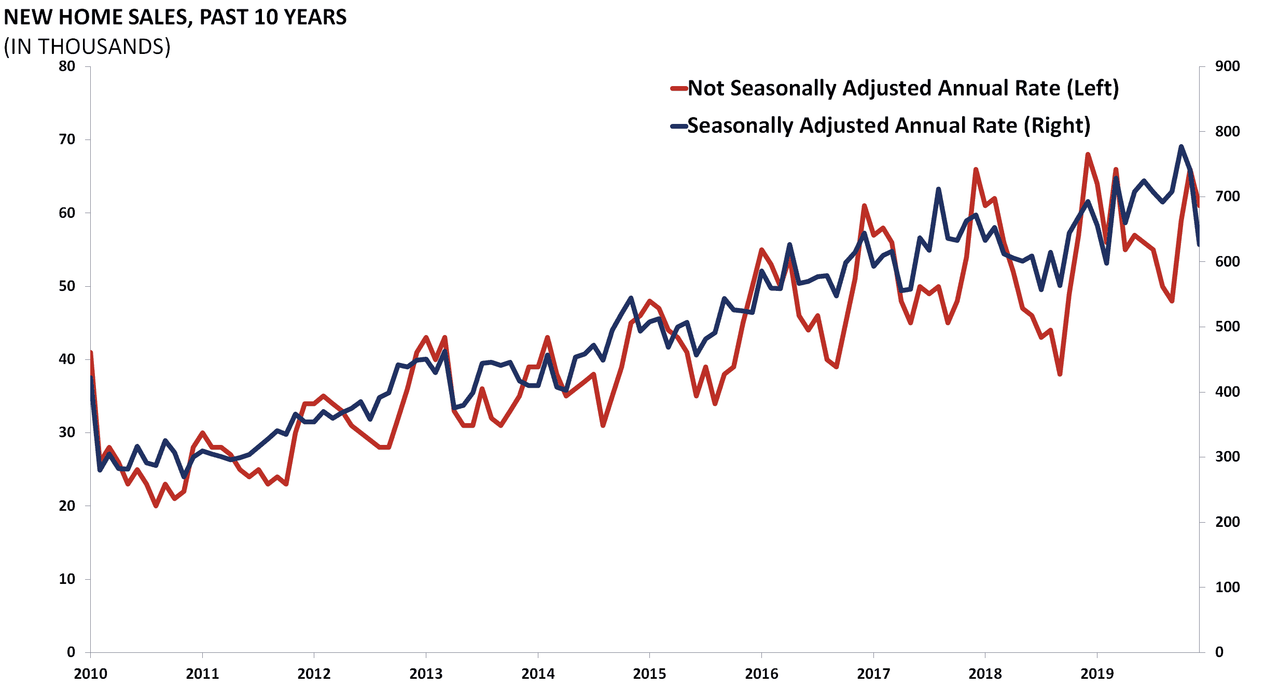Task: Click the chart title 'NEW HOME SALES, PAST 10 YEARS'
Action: [175, 17]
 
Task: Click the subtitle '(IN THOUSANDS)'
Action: [87, 47]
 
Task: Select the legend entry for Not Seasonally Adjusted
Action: [903, 88]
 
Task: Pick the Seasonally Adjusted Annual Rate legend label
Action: [888, 125]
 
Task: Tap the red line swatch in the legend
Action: [678, 88]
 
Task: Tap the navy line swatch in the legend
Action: [678, 126]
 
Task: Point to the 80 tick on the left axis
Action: [67, 66]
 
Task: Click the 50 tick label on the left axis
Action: [67, 286]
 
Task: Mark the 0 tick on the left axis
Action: [71, 652]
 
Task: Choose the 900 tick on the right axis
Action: [1227, 66]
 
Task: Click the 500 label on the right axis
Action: [1227, 327]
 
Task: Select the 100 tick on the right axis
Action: [1227, 587]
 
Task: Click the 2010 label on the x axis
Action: [90, 674]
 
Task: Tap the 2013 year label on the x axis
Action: [426, 674]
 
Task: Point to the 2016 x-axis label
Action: [761, 674]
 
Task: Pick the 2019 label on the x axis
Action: [1097, 674]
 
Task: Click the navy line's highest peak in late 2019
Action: [1181, 147]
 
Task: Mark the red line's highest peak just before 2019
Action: [1088, 155]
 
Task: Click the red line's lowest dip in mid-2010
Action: [156, 506]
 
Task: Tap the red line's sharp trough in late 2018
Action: [1060, 374]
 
